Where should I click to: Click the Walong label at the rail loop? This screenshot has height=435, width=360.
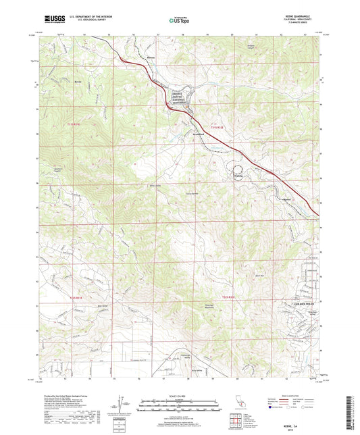[x=237, y=177]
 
